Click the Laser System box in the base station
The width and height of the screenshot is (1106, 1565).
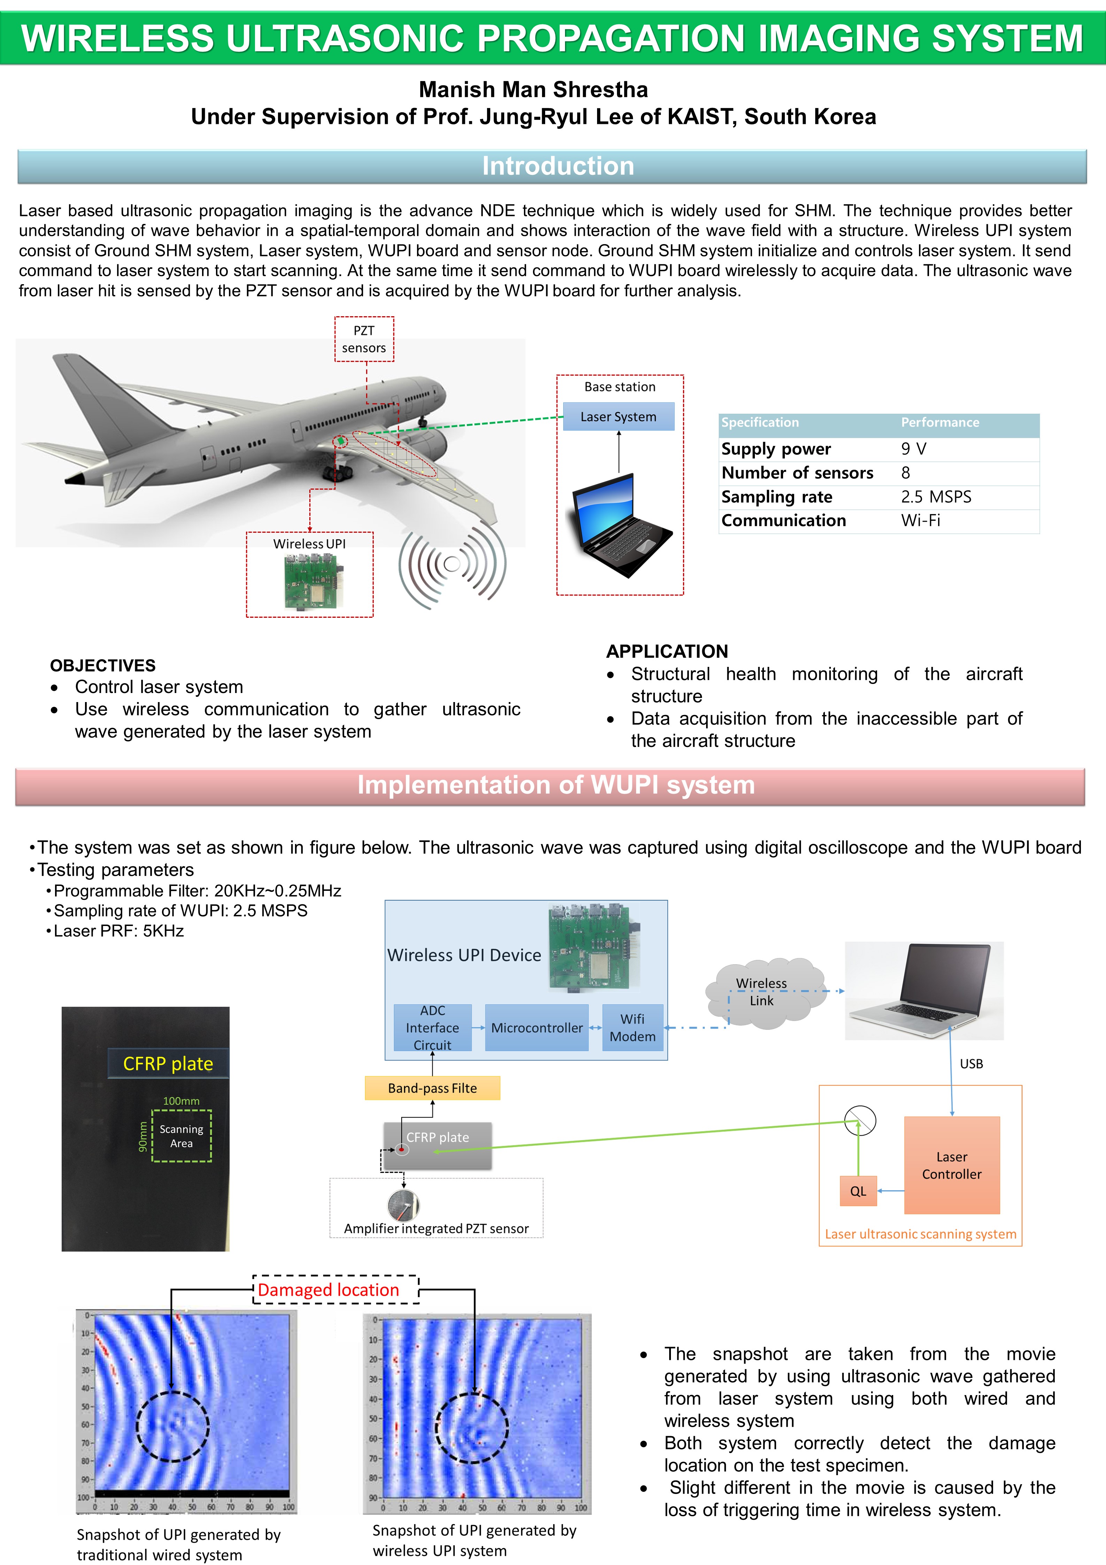point(618,416)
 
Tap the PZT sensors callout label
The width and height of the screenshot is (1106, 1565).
point(364,339)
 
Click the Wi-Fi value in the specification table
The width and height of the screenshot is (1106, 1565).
point(921,521)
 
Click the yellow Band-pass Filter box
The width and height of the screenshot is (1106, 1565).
point(432,1088)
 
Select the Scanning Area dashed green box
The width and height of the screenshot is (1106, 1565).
point(181,1136)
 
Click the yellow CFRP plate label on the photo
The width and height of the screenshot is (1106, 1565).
point(168,1063)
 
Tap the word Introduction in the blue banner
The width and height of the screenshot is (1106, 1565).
point(558,166)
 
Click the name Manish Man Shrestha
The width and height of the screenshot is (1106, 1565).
point(533,89)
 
